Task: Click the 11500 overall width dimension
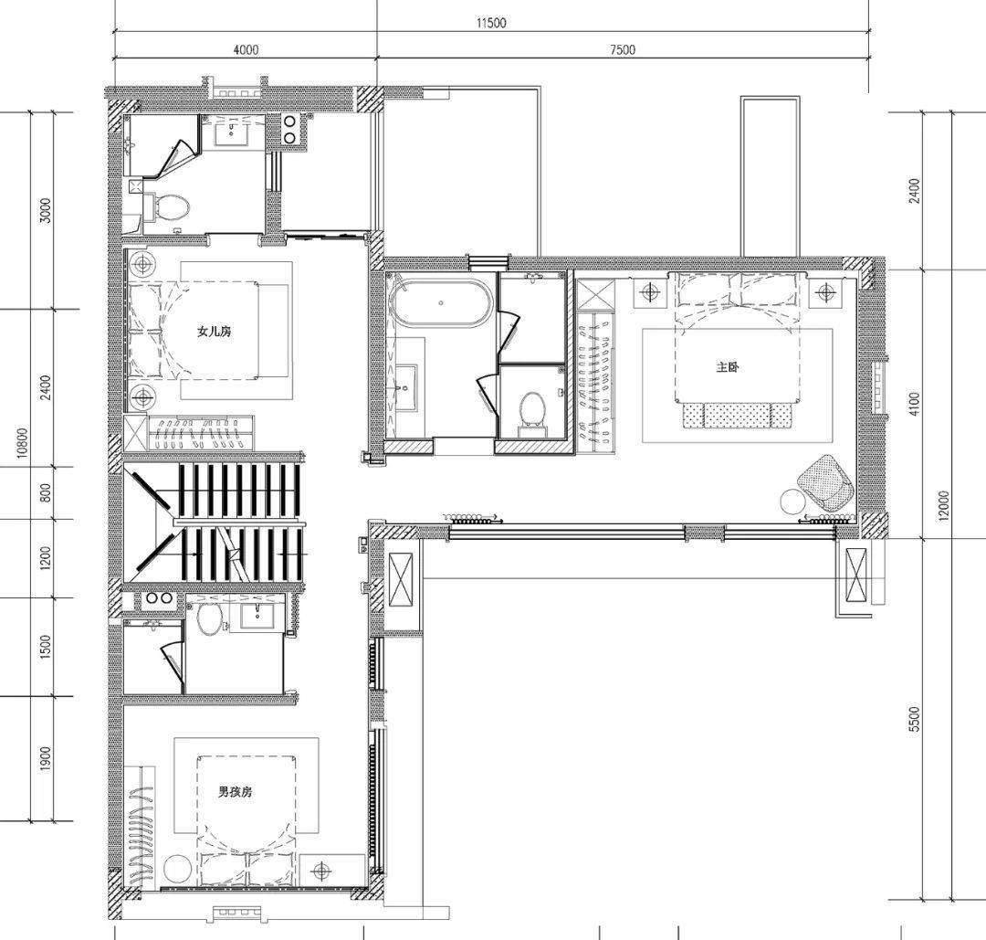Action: pos(491,23)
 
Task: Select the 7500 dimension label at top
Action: pos(622,49)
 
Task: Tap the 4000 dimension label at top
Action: pos(246,49)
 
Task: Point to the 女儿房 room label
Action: pos(215,331)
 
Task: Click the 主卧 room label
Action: pos(727,366)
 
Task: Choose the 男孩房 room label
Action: pos(236,792)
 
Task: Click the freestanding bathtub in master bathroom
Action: pos(442,303)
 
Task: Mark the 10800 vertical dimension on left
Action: pos(23,444)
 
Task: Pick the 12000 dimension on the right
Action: pos(943,506)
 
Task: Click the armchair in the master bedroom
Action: pos(825,481)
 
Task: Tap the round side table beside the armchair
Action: pos(793,502)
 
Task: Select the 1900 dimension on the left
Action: pos(46,759)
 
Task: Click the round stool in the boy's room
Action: pos(177,870)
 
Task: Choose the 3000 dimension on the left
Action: pos(46,210)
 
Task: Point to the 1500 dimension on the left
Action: pos(46,648)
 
